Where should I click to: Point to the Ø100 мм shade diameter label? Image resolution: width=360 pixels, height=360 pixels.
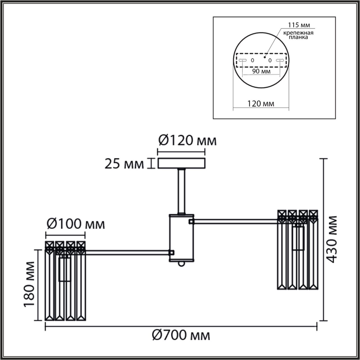[75, 224]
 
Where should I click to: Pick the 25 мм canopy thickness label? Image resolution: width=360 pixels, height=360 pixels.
[124, 164]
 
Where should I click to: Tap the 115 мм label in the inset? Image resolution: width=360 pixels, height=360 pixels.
[300, 25]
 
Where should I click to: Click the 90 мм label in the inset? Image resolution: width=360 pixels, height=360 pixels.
[261, 71]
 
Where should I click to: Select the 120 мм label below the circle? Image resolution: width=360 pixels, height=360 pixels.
[261, 103]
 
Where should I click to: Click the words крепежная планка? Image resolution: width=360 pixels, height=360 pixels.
[298, 35]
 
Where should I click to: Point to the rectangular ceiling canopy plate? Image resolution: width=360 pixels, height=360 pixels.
[181, 163]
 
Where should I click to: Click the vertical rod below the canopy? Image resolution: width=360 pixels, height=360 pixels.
[181, 191]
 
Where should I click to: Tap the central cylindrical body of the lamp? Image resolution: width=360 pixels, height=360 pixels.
[181, 238]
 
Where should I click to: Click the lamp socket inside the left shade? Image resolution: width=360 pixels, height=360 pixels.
[64, 269]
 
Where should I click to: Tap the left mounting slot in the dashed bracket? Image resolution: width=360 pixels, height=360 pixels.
[242, 60]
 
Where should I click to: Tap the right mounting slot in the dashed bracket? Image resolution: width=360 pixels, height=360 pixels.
[280, 60]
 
